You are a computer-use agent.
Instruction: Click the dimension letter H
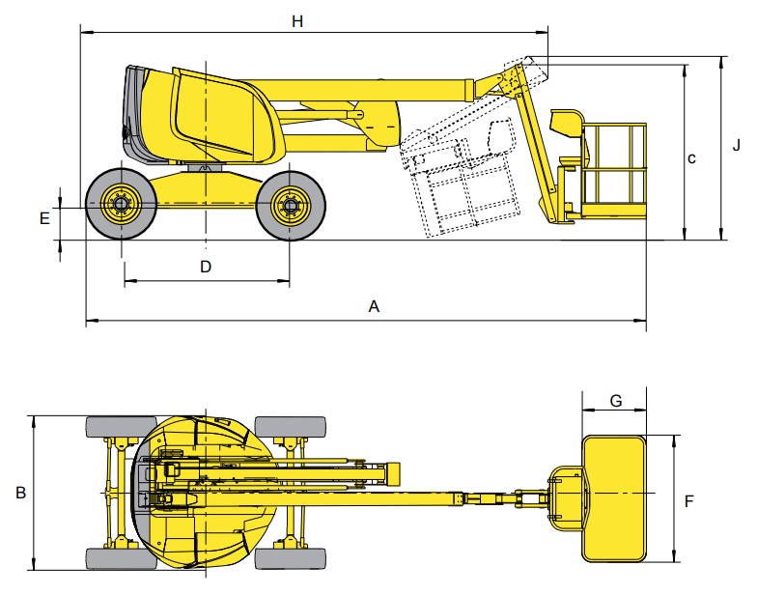(x=297, y=21)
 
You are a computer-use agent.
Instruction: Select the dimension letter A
(x=375, y=306)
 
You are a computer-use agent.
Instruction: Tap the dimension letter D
(x=206, y=267)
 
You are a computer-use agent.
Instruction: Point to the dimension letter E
(x=44, y=218)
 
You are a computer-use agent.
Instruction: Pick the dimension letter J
(x=736, y=146)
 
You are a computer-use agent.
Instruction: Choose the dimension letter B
(x=20, y=493)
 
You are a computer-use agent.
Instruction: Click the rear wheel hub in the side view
(x=122, y=204)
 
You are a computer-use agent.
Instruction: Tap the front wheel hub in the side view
(x=289, y=204)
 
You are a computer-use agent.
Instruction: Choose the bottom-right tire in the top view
(x=290, y=558)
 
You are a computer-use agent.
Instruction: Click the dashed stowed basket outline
(x=462, y=184)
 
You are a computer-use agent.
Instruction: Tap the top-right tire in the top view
(x=290, y=427)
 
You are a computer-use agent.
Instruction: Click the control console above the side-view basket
(x=568, y=123)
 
